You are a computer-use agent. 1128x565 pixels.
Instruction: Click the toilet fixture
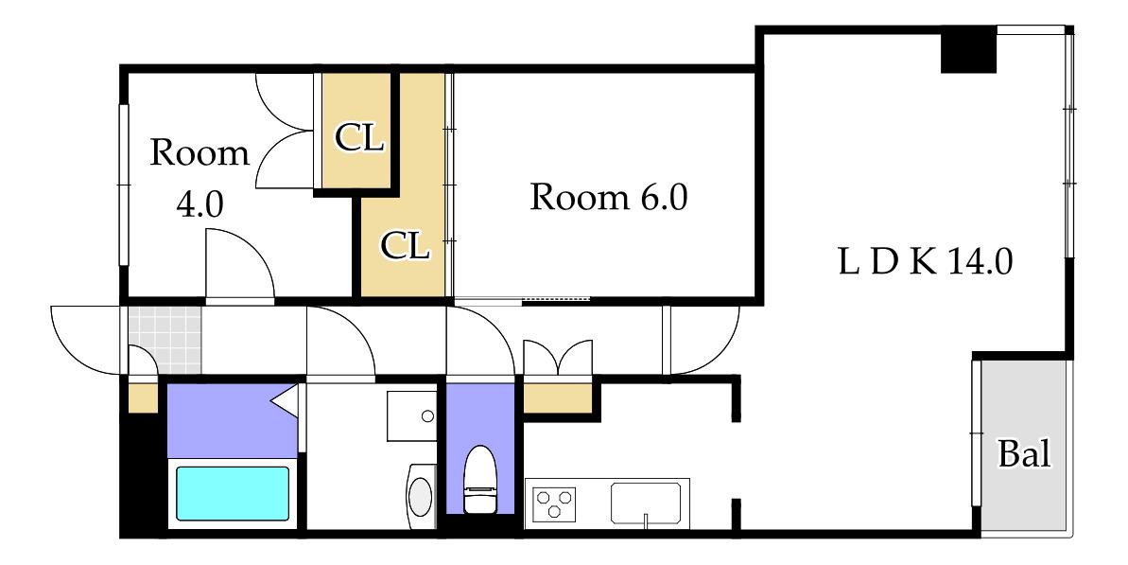click(479, 479)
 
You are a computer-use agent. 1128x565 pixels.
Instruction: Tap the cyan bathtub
click(234, 493)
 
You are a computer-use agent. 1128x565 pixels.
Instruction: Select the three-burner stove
click(555, 503)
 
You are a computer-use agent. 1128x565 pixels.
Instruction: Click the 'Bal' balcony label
click(1024, 454)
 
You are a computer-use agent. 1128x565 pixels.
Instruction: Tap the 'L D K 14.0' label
click(926, 263)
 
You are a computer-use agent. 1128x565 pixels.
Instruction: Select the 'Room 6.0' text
click(609, 197)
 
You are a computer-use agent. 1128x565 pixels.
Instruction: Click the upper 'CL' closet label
click(359, 137)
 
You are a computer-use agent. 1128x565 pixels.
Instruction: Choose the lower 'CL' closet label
click(405, 246)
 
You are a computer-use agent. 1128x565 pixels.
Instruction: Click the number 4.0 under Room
click(200, 205)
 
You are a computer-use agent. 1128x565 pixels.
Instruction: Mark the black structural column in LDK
click(968, 49)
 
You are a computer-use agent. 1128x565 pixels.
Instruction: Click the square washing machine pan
click(412, 416)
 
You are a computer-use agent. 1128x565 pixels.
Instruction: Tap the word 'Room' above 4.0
click(200, 153)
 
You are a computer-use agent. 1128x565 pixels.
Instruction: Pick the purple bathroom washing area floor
click(232, 420)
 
